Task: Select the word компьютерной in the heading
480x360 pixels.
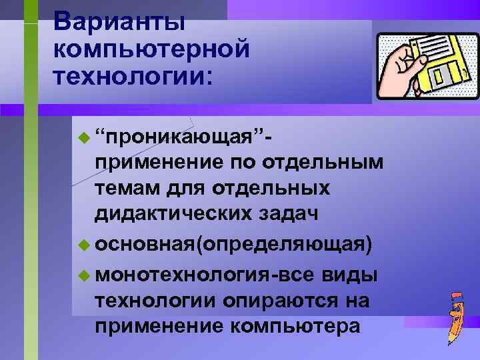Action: (153, 49)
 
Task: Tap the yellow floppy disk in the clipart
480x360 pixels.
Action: (436, 66)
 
